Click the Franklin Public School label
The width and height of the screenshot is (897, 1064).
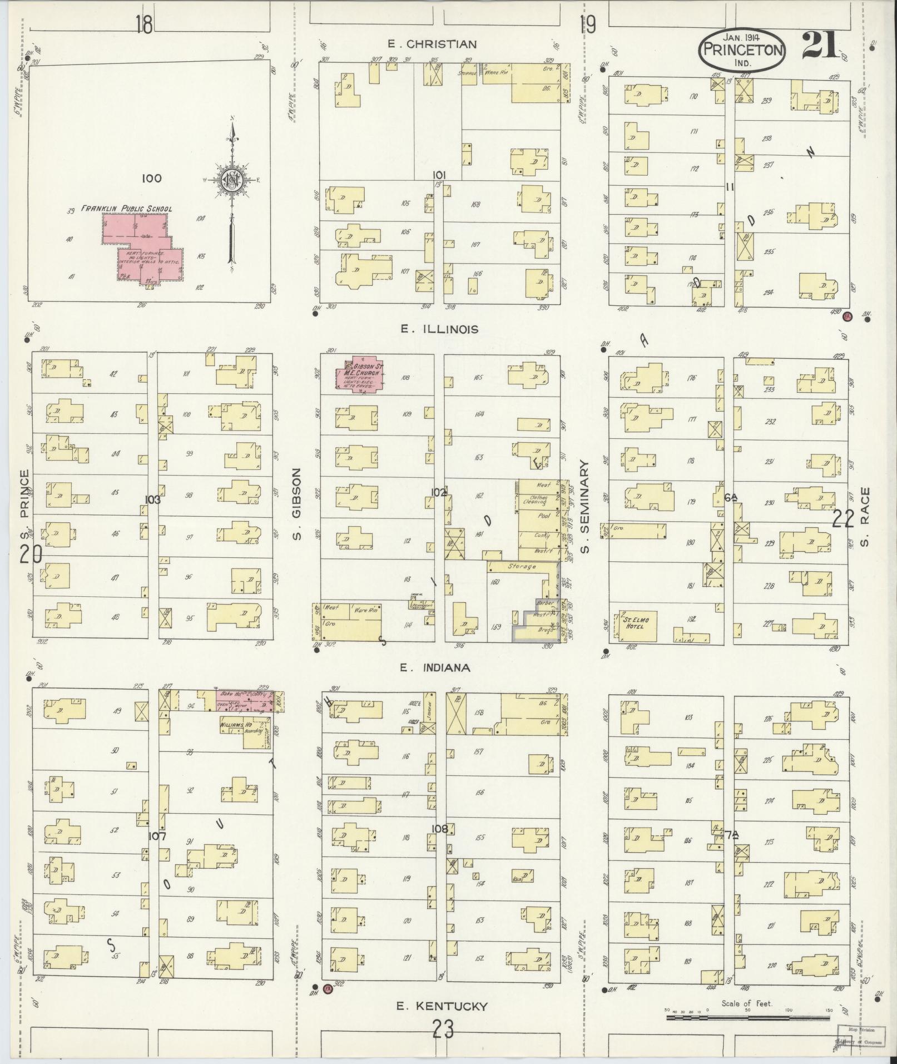tap(127, 209)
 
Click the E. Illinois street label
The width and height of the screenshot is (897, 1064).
tap(439, 329)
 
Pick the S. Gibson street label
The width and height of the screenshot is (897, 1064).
tap(297, 504)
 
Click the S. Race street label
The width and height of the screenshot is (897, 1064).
tap(864, 517)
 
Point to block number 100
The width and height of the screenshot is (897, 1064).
tap(151, 179)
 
